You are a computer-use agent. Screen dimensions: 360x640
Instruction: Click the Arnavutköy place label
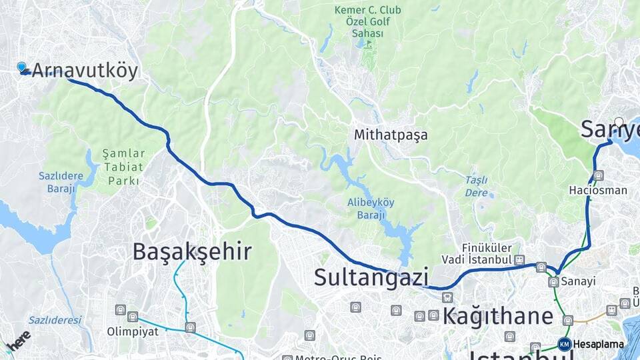tap(85, 71)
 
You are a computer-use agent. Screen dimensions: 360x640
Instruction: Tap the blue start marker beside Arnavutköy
tap(22, 67)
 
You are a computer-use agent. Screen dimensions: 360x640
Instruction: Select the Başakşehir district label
tap(191, 251)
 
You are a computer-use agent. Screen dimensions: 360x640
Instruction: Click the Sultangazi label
tap(370, 277)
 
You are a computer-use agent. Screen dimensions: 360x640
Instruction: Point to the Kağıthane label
tap(498, 316)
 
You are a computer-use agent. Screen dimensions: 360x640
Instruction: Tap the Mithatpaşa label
tap(391, 135)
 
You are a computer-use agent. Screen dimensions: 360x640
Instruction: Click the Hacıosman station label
tap(598, 190)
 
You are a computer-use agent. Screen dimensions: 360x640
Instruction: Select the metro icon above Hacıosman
tap(598, 176)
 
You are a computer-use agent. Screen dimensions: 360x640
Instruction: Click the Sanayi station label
tap(577, 281)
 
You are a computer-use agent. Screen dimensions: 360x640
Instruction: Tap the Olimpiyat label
tap(133, 331)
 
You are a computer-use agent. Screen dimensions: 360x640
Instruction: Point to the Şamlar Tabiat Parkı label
tap(123, 167)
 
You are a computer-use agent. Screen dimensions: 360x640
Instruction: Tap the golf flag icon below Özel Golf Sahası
tap(367, 44)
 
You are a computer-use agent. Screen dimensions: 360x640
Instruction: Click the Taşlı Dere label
tap(476, 185)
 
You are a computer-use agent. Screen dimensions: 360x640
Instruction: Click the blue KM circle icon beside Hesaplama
tap(565, 344)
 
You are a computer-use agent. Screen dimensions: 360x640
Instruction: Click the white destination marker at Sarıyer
tap(619, 122)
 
